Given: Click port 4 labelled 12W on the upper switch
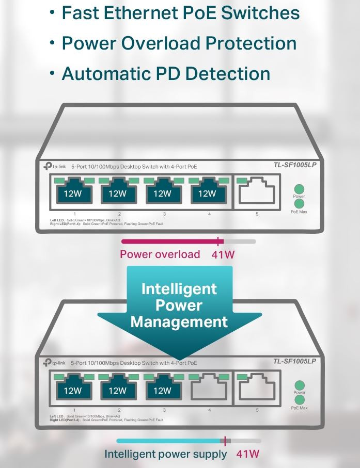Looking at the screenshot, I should coord(207,193).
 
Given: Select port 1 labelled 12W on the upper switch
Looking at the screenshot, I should coord(73,193).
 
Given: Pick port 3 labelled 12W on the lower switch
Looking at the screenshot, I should coord(163,390).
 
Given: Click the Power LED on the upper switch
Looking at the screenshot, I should coord(299,189).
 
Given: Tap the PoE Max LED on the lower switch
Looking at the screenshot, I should coord(299,400).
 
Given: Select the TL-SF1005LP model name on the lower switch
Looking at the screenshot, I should coord(294,361).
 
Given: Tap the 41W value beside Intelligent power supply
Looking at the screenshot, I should coord(247,454).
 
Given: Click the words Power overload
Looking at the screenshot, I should coord(160,254).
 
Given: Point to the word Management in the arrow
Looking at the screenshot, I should coord(179,322).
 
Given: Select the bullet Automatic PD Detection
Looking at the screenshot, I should coord(166,73).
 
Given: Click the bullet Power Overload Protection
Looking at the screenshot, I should coord(179,43).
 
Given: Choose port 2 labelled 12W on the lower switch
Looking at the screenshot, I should coord(118,390).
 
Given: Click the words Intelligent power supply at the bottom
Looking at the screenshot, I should coord(165,454).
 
